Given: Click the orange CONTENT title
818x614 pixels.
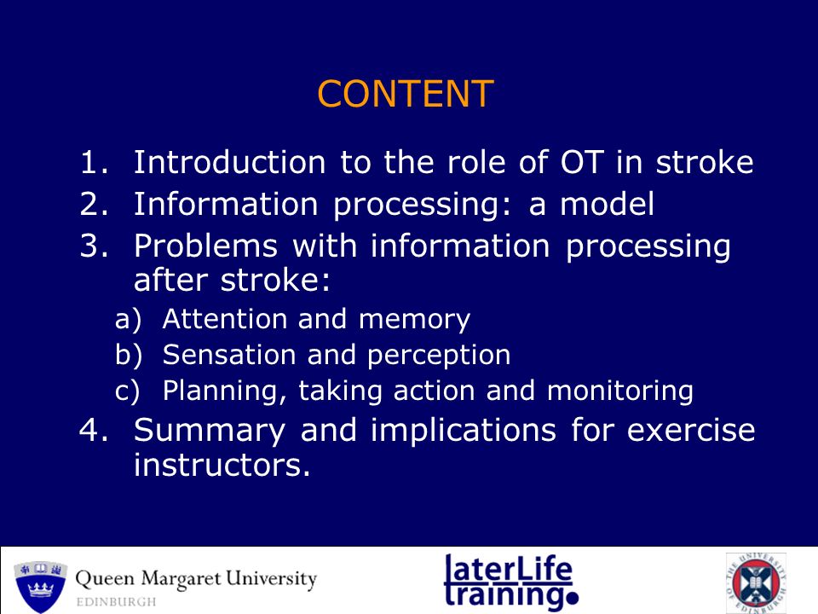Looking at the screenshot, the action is click(x=406, y=94).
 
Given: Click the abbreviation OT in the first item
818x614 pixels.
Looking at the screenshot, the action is click(x=582, y=161).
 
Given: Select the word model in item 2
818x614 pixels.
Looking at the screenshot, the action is click(x=607, y=203).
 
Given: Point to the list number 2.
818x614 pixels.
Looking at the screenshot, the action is click(x=94, y=203).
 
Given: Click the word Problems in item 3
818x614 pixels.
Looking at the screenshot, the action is click(x=205, y=245).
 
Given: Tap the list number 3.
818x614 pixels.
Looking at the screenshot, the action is click(x=94, y=245).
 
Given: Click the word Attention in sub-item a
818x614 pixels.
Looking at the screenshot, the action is click(x=224, y=318).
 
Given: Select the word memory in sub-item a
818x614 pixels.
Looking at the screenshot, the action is click(x=415, y=320).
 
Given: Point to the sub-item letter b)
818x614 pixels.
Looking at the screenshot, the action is click(x=129, y=354).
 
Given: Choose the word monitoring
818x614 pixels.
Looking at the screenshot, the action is click(x=620, y=391).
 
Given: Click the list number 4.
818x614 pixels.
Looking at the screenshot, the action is click(x=94, y=430).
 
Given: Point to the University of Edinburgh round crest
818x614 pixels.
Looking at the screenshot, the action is click(x=756, y=583).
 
